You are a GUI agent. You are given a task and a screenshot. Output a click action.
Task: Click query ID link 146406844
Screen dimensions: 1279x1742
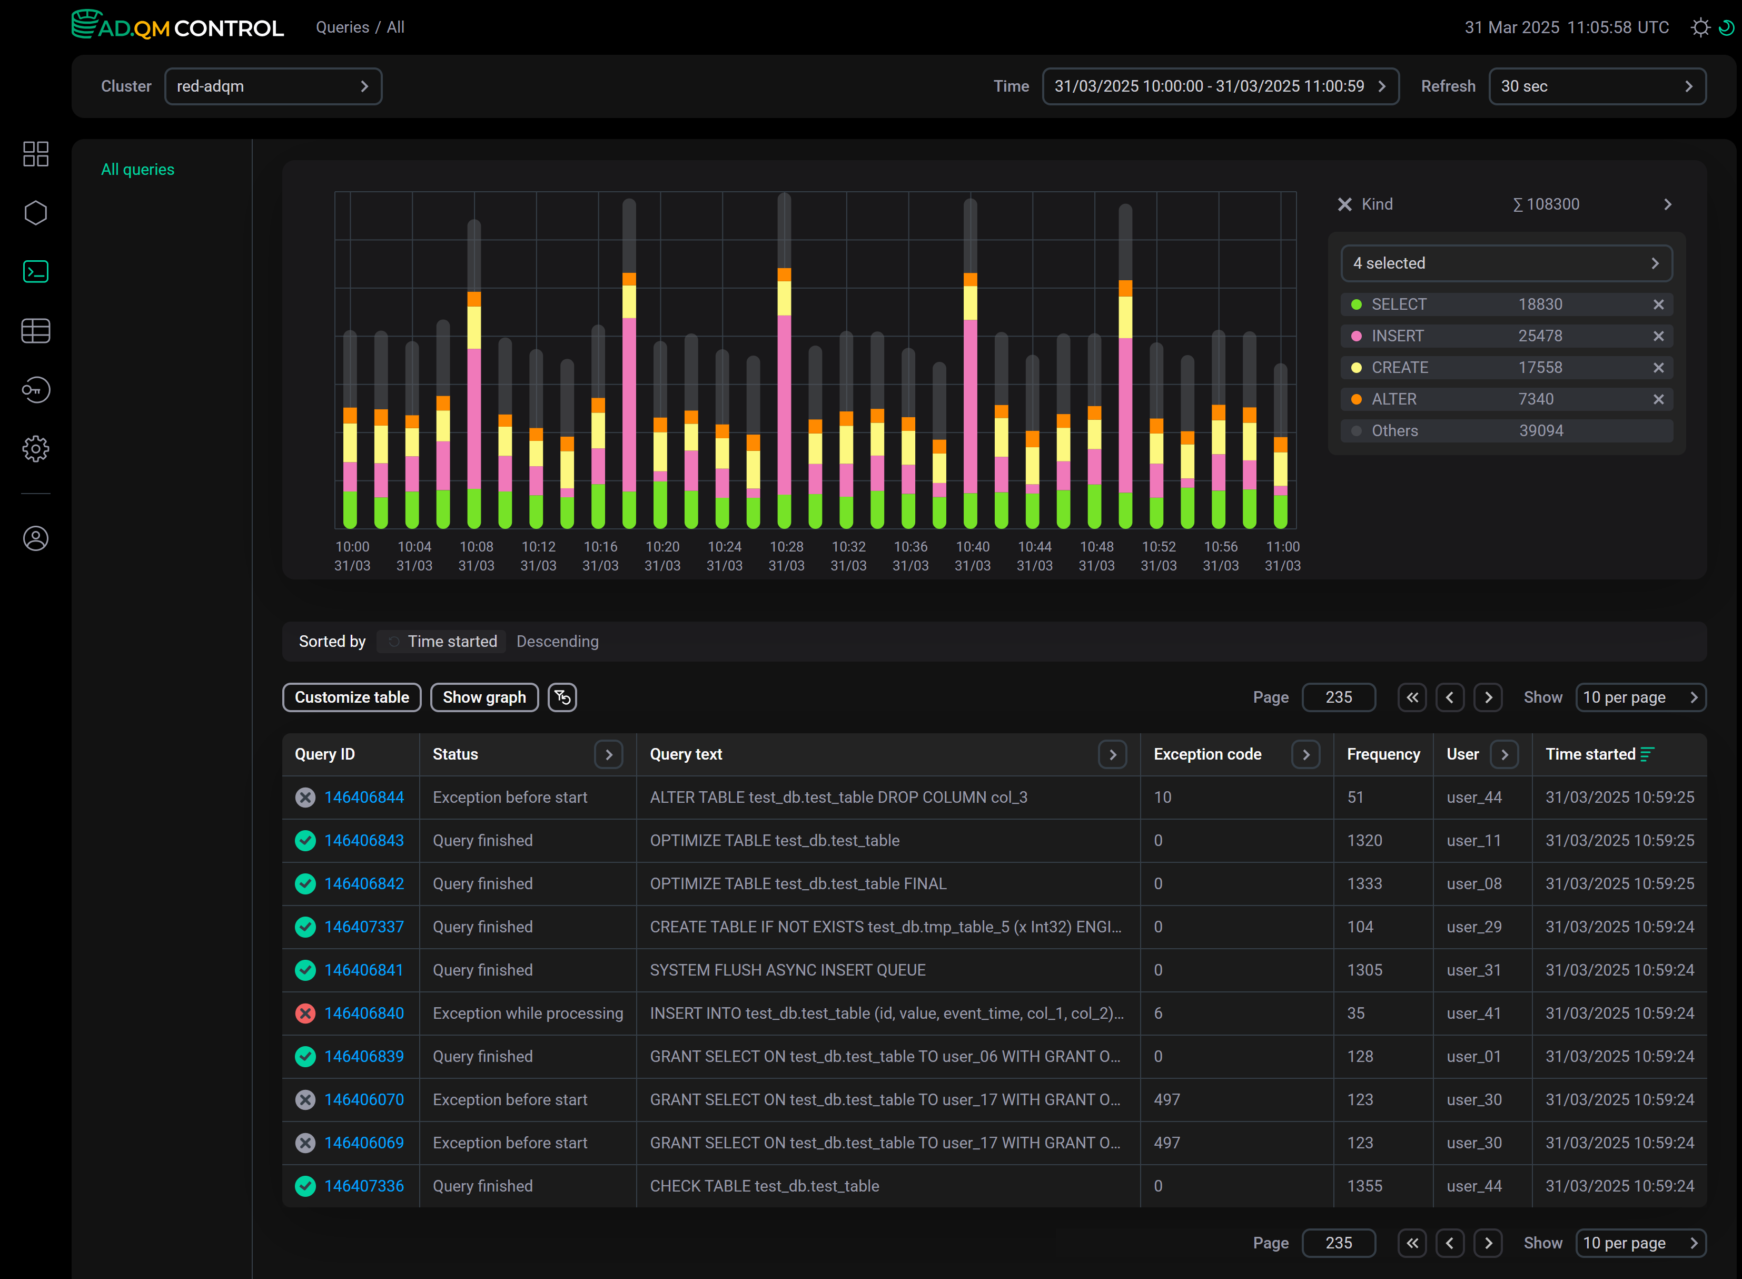[364, 798]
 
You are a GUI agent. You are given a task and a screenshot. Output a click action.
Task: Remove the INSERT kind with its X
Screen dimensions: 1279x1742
[1658, 336]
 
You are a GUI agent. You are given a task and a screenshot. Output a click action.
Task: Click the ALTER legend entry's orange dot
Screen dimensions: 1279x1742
[1356, 399]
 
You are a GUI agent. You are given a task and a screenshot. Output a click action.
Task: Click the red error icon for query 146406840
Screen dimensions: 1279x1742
[305, 1014]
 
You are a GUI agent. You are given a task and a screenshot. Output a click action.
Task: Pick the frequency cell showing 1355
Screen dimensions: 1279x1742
[1364, 1186]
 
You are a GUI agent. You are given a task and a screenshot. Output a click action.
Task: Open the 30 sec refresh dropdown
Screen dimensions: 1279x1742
[1597, 86]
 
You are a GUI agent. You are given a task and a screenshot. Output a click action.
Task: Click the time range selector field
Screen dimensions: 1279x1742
[1220, 86]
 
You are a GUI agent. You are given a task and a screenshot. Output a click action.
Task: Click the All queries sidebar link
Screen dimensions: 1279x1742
[138, 170]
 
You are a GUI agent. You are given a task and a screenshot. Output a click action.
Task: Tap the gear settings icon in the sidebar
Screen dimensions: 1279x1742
[36, 448]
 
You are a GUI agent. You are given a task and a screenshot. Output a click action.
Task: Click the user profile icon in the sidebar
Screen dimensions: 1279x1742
[36, 538]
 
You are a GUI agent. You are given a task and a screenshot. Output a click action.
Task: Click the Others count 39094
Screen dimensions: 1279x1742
[1541, 430]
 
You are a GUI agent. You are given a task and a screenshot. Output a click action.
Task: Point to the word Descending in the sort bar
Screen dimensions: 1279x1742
[557, 642]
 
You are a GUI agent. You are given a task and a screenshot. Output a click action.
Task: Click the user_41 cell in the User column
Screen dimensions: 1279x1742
[1473, 1014]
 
